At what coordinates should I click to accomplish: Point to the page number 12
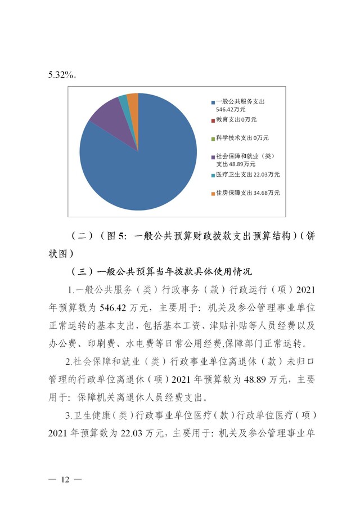click(65, 479)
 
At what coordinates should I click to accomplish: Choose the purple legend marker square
click(213, 156)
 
